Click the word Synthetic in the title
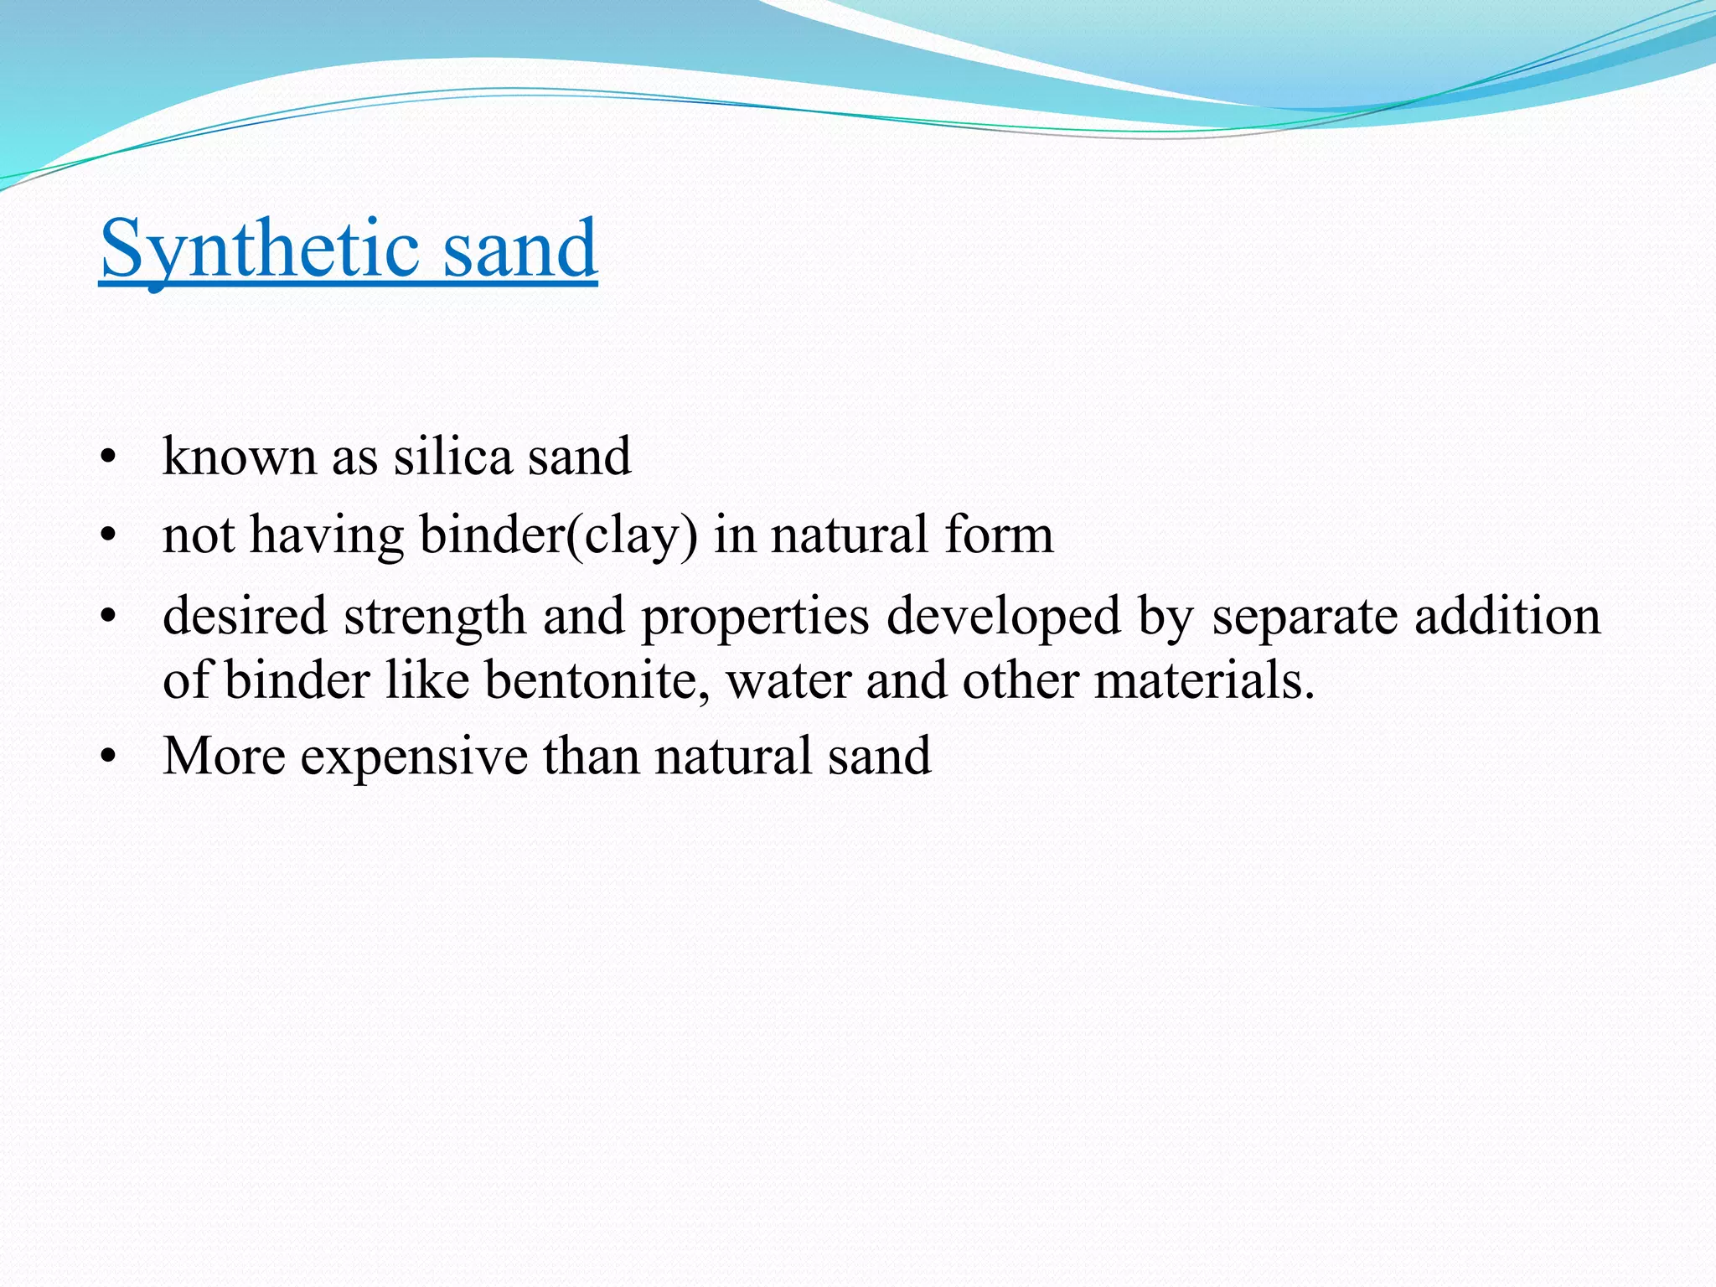pos(259,249)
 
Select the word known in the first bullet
pos(239,457)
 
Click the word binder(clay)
pos(558,535)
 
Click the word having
pos(327,535)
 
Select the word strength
pos(435,617)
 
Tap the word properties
pos(755,617)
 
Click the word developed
pos(1003,617)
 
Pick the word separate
pos(1305,617)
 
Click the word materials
pos(1204,680)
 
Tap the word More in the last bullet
pos(224,756)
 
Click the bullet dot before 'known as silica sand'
pos(106,458)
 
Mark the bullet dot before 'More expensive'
pos(106,757)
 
